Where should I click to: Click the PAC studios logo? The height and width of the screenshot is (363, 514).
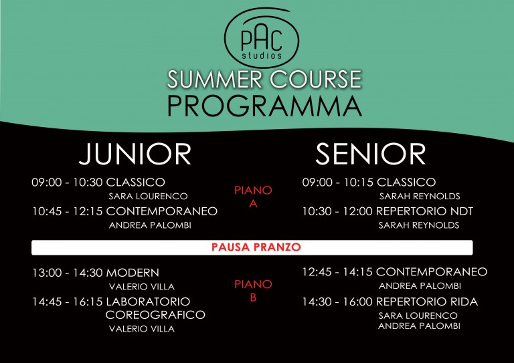[x=261, y=37]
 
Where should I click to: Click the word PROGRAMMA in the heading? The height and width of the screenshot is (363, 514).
[x=264, y=106]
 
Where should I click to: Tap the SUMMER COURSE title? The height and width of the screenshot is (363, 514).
[x=264, y=79]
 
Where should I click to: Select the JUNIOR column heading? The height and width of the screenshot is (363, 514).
[x=135, y=154]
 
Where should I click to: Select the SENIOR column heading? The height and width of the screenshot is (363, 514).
[x=370, y=154]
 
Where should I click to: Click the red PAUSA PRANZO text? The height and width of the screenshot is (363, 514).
[x=256, y=247]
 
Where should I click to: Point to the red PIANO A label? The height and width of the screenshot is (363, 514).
[x=253, y=197]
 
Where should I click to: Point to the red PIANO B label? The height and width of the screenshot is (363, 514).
[x=253, y=291]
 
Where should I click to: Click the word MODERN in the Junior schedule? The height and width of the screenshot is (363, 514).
[x=133, y=273]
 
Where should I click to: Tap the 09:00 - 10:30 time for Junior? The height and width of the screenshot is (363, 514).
[x=67, y=183]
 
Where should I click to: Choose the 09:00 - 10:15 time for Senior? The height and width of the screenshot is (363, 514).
[x=337, y=183]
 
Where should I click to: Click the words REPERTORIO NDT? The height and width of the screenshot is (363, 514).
[x=424, y=211]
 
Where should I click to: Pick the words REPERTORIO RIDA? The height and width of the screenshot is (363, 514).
[x=427, y=301]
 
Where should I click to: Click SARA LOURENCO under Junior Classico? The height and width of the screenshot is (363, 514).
[x=148, y=197]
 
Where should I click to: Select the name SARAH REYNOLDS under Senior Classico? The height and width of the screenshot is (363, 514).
[x=420, y=197]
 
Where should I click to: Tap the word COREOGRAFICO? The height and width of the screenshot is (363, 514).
[x=155, y=315]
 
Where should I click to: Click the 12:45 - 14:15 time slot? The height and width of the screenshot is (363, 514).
[x=337, y=272]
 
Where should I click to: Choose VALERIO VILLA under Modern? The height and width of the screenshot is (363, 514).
[x=142, y=287]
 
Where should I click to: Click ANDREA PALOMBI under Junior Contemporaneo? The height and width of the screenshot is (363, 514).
[x=150, y=225]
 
